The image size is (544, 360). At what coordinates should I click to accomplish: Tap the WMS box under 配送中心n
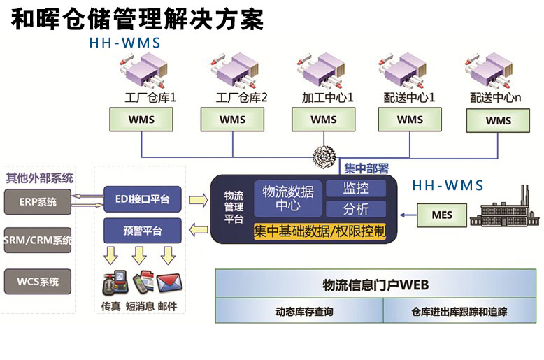coord(498,120)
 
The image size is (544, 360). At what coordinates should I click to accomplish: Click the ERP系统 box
coord(38,203)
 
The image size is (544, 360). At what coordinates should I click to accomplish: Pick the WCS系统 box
coord(38,282)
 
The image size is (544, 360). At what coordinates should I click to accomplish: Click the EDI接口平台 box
coord(142,199)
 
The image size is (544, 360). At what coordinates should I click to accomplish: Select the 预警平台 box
coord(142,231)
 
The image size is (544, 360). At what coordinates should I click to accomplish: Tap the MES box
coord(442,215)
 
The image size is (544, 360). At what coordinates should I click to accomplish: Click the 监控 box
coord(355,188)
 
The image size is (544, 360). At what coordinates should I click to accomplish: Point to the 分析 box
coord(355,208)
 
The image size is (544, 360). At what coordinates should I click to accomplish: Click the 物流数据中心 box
coord(288,198)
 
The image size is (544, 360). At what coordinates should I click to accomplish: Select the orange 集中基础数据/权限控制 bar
coord(320,230)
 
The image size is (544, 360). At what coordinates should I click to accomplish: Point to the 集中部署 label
coord(366,168)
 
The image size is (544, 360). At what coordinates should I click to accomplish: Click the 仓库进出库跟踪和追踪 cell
coord(459,312)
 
